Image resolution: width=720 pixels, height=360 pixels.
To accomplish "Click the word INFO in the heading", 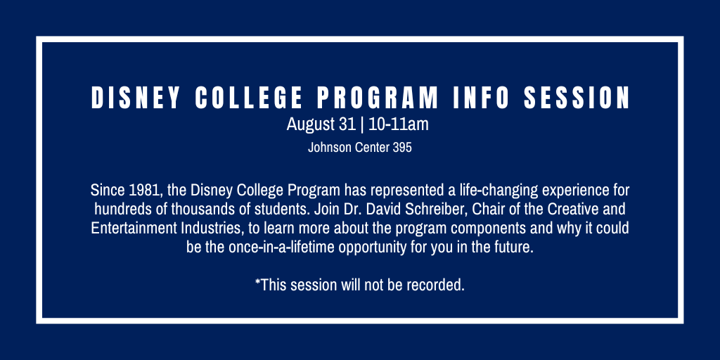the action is (x=481, y=97).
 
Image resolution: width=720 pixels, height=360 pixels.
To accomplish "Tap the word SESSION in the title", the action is (x=577, y=97).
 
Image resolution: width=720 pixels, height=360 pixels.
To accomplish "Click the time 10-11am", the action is (x=398, y=124).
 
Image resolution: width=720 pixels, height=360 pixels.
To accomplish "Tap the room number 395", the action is (x=402, y=148).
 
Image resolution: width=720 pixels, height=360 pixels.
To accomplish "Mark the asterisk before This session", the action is (x=257, y=281).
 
